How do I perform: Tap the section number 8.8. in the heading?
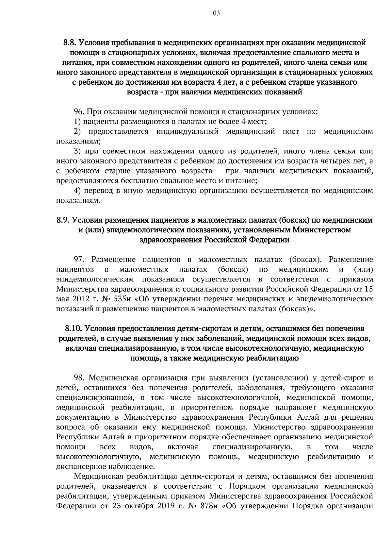[x=70, y=42]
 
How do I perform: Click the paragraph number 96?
[x=79, y=112]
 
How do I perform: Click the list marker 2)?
[x=77, y=132]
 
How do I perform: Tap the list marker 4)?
[x=77, y=191]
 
